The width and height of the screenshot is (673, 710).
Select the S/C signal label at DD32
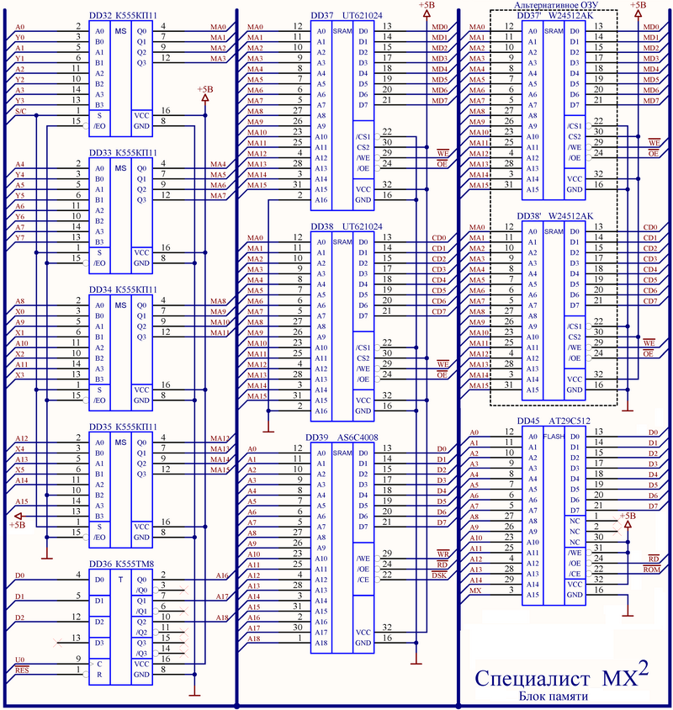21,111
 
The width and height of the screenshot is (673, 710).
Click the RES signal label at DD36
22,670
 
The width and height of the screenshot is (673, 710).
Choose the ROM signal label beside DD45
651,570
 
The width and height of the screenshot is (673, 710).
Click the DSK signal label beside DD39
439,575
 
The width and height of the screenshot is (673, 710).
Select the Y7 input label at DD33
21,238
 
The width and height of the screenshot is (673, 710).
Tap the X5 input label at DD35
21,469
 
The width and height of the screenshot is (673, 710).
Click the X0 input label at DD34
21,311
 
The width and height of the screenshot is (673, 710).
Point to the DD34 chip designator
100,289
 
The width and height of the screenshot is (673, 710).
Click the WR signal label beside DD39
441,554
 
